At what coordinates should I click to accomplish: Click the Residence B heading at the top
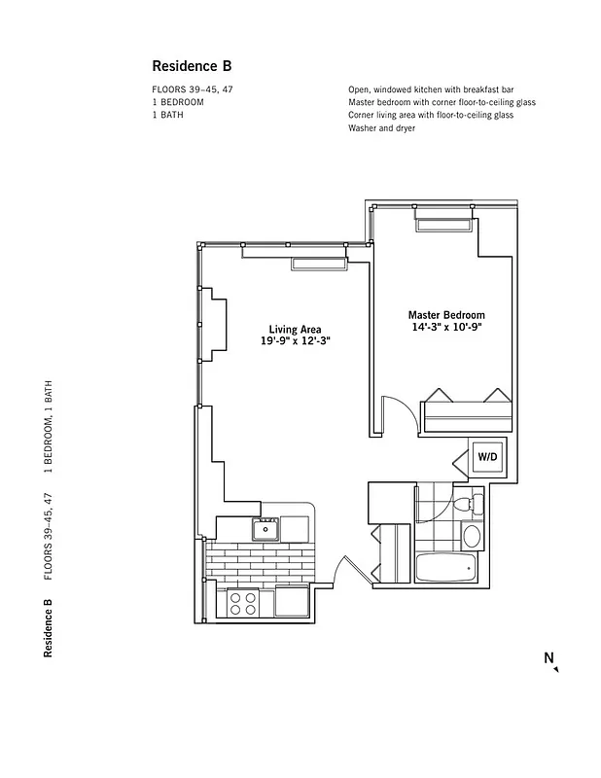(x=191, y=66)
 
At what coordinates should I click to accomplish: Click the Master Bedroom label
(x=446, y=315)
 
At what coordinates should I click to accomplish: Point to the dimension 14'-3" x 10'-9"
(x=446, y=329)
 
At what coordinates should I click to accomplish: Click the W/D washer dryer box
(x=485, y=455)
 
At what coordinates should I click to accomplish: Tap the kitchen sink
(x=265, y=529)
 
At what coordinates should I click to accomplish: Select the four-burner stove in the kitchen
(x=244, y=603)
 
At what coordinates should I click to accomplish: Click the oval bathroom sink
(x=473, y=536)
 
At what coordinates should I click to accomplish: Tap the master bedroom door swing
(x=399, y=412)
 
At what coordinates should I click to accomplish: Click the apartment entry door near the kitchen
(x=342, y=572)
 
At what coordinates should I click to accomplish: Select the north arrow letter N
(x=548, y=658)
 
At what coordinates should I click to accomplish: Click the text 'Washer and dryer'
(x=381, y=128)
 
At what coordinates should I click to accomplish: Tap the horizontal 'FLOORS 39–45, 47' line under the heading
(x=192, y=89)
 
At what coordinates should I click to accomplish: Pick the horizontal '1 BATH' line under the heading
(x=167, y=115)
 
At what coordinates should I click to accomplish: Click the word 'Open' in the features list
(x=359, y=89)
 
